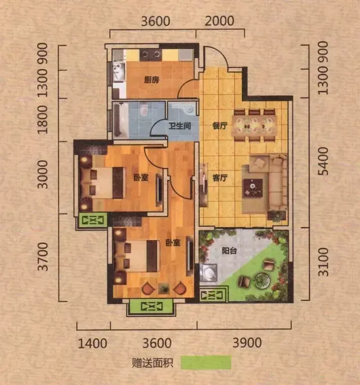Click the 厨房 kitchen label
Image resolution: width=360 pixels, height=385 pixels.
(152, 80)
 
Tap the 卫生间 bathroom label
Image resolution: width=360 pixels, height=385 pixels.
(179, 126)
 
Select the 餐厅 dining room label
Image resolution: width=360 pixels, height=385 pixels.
(220, 126)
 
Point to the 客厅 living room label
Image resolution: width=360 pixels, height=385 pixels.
(220, 178)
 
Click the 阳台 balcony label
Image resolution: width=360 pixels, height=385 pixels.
(229, 251)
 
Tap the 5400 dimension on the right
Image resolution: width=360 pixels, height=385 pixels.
(323, 161)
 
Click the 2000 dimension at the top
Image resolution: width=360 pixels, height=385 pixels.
(219, 21)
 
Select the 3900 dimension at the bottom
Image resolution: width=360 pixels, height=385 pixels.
(247, 343)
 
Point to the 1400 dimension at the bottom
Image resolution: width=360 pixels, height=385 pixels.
(92, 343)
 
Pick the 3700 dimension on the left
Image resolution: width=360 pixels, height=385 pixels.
(43, 257)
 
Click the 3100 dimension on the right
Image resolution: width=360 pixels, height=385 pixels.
(323, 262)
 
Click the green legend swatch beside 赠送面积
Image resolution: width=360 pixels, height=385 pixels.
(206, 363)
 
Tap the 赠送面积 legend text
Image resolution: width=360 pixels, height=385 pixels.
(152, 363)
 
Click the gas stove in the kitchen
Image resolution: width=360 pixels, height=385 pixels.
(151, 55)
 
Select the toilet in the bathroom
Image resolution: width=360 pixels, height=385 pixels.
(143, 109)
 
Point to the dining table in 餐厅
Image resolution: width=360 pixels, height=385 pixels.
(255, 126)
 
